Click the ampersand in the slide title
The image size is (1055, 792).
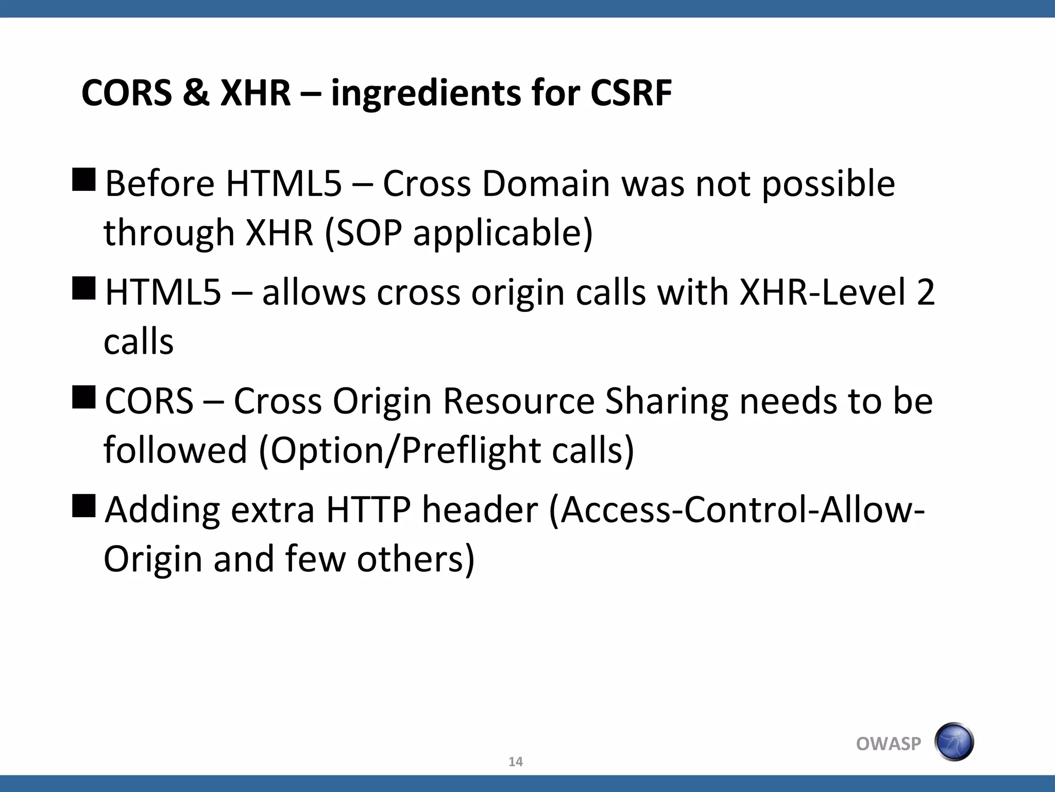[196, 93]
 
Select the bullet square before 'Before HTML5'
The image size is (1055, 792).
[84, 180]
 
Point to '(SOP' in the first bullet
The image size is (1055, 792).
[363, 233]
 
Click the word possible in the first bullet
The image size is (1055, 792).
[828, 185]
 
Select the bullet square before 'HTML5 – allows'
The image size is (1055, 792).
[84, 288]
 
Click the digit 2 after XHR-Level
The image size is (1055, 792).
[925, 292]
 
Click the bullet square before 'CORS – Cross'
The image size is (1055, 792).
[84, 397]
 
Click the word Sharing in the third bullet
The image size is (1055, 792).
[667, 402]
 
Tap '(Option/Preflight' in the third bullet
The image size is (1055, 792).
[400, 451]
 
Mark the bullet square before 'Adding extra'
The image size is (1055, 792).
[84, 506]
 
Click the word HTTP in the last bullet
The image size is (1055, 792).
[368, 510]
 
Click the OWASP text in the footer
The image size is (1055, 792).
[888, 744]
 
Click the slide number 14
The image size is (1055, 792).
[515, 762]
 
